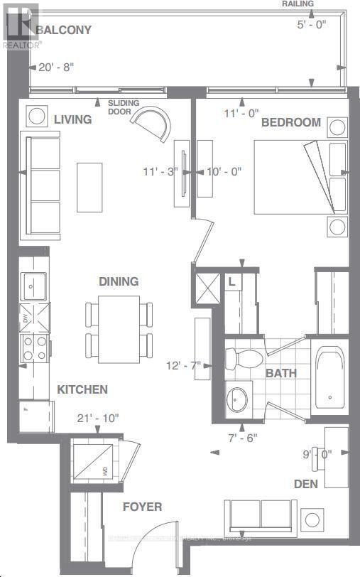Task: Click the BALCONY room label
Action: click(x=50, y=31)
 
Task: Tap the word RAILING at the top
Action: click(x=298, y=4)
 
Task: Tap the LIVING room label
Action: click(x=72, y=119)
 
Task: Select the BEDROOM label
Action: click(x=291, y=122)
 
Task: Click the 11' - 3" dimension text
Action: click(x=160, y=172)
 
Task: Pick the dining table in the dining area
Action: click(x=119, y=328)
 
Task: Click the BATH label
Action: click(x=281, y=373)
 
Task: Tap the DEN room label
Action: click(x=306, y=483)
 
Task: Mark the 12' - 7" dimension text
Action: click(x=182, y=365)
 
